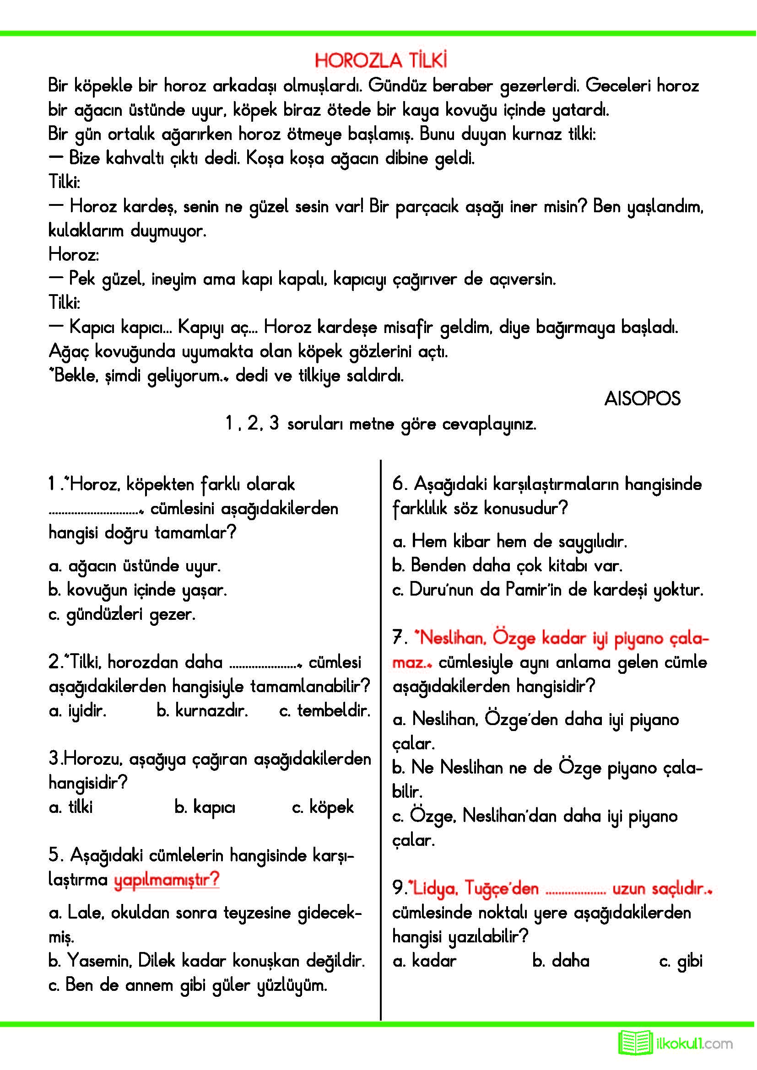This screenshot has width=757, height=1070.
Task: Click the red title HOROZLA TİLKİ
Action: (381, 60)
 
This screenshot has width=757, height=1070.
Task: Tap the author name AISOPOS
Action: (642, 399)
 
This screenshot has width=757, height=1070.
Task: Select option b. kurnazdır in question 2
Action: (202, 711)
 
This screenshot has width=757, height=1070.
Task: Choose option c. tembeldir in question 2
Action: (324, 711)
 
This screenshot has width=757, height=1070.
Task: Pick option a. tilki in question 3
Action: (71, 807)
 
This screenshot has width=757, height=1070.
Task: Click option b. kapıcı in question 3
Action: (205, 807)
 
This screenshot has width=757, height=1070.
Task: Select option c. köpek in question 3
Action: (323, 807)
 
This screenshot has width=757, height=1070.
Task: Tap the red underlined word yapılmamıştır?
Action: (167, 880)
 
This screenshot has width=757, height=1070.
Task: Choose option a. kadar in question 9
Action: (424, 961)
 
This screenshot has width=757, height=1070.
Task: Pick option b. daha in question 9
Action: (561, 961)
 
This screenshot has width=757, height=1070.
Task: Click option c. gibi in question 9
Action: (681, 962)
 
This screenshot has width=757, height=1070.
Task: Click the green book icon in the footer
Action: (635, 1043)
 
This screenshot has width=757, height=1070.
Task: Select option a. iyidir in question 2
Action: (77, 711)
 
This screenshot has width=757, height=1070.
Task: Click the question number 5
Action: (55, 855)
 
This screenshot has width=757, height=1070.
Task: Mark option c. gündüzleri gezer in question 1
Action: (122, 614)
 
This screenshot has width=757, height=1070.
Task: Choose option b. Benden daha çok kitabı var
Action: (507, 565)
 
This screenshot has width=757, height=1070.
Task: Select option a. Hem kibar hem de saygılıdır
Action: (510, 541)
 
